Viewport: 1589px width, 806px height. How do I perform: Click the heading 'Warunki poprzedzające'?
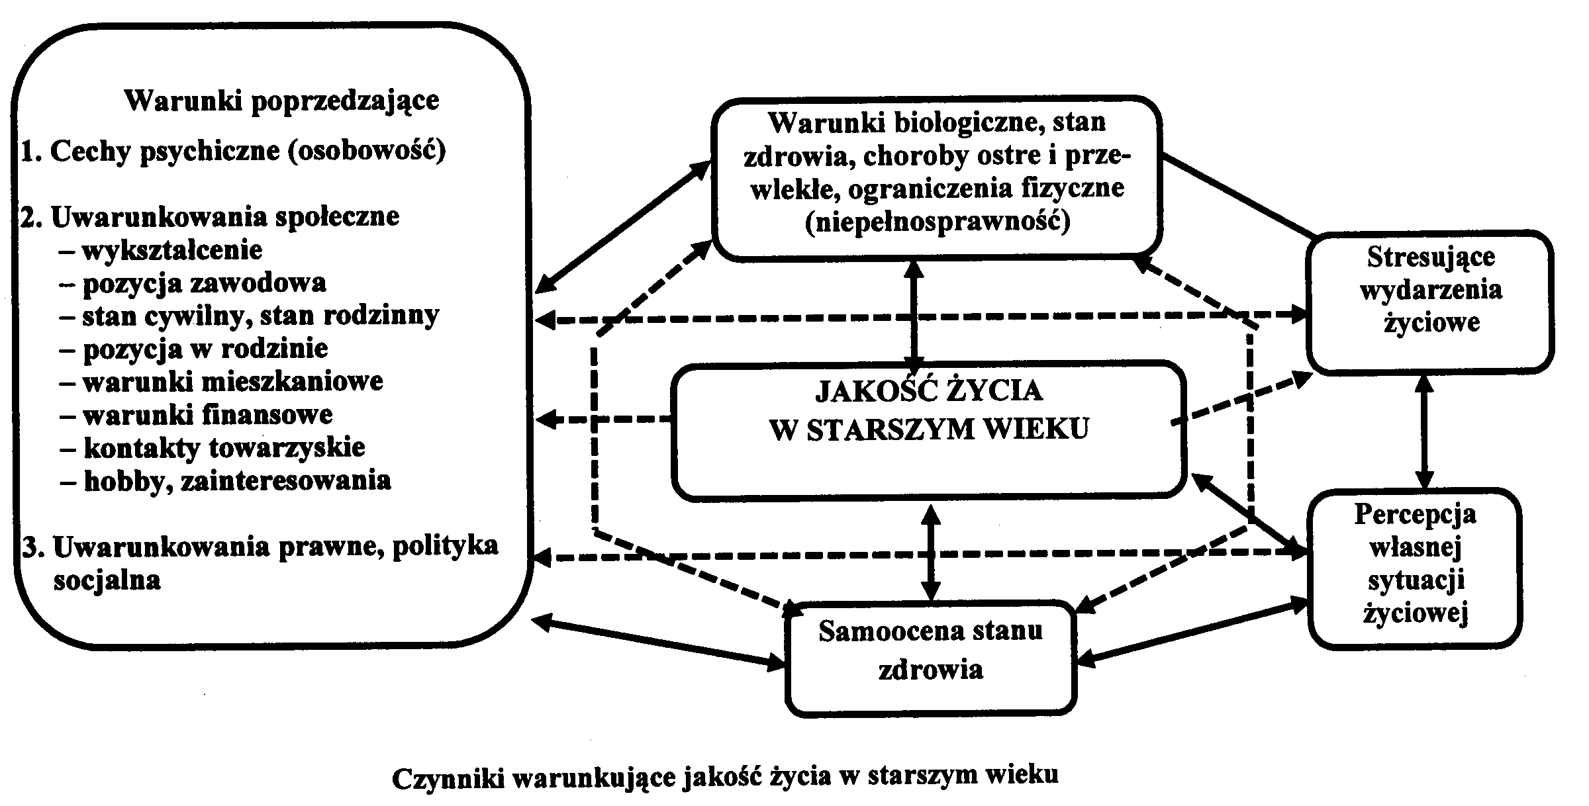click(281, 101)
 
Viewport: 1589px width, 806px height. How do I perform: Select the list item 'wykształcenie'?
click(171, 251)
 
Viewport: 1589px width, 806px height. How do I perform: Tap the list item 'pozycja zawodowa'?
click(204, 283)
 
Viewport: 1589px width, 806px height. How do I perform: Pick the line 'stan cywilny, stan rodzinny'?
click(260, 316)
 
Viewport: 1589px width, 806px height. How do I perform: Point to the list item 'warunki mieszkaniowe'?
click(232, 382)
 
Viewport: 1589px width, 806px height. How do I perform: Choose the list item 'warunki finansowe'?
click(207, 415)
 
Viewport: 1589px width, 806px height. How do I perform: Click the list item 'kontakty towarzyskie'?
click(224, 448)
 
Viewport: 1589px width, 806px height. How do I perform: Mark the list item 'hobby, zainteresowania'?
click(236, 481)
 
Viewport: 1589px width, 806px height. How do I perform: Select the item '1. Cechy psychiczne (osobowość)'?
click(233, 152)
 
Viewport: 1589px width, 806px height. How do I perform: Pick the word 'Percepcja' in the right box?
click(1415, 515)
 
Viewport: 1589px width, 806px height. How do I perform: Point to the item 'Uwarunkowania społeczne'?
click(224, 217)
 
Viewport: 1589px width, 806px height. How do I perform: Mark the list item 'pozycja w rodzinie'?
click(205, 349)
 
